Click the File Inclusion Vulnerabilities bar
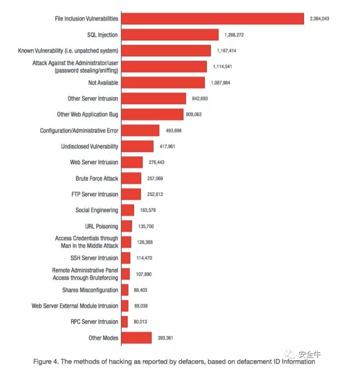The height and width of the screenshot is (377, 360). [x=213, y=19]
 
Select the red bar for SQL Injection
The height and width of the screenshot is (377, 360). [x=170, y=34]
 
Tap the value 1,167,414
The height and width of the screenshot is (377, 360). [x=226, y=51]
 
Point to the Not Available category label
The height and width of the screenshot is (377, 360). [x=103, y=83]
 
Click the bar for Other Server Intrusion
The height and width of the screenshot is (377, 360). [x=154, y=99]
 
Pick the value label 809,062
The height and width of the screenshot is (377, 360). [x=194, y=114]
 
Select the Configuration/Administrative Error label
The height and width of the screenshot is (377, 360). [x=79, y=131]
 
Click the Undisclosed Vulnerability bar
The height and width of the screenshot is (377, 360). [x=137, y=147]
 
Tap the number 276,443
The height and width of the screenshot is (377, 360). [x=156, y=162]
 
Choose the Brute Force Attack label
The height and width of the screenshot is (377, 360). [x=97, y=178]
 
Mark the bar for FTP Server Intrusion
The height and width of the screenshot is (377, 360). [x=131, y=194]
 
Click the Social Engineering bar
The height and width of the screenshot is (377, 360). [x=128, y=210]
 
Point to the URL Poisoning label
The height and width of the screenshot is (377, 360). [x=102, y=226]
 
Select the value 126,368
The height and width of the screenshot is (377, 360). [x=145, y=242]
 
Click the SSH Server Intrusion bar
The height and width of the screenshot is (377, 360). [x=126, y=258]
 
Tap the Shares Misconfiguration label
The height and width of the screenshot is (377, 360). [x=90, y=290]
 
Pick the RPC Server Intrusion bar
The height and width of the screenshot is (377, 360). [x=124, y=322]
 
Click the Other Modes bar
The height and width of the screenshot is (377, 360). [x=136, y=338]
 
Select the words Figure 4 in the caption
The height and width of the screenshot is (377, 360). [x=46, y=362]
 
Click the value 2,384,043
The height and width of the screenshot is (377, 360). [x=319, y=19]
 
